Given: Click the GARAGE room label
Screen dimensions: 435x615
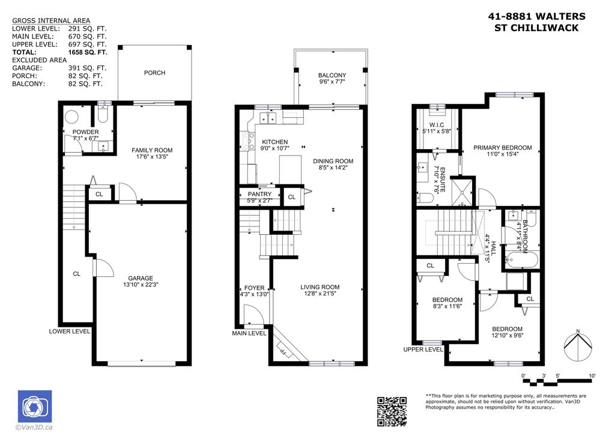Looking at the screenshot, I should tap(141, 278).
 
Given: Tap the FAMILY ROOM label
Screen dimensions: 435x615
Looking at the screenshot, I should tap(152, 150).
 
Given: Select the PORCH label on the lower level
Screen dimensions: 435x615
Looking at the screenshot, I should tap(154, 73).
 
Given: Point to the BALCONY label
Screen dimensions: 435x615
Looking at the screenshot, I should tap(331, 75).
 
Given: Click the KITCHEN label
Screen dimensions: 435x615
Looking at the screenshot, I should tap(275, 142).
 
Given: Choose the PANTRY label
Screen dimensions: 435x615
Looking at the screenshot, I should tap(259, 194).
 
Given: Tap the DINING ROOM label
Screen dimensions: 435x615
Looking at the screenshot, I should tap(333, 161).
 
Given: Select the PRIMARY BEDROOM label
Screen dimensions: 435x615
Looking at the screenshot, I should tap(502, 148).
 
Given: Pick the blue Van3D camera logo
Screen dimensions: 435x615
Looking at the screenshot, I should tap(35, 406).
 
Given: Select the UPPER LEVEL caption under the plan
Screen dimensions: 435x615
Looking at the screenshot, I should tap(423, 349).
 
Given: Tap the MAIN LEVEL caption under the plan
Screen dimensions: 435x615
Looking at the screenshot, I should tap(249, 333).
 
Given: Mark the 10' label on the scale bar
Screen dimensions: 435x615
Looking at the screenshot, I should tap(592, 376).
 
